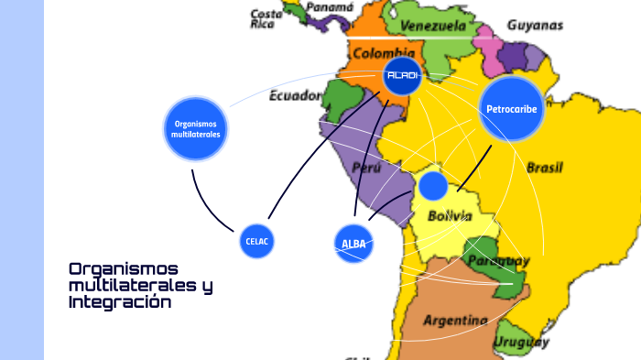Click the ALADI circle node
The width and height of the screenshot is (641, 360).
(x=402, y=76)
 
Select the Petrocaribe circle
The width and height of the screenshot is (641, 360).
(x=511, y=109)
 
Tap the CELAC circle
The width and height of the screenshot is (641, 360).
(x=257, y=241)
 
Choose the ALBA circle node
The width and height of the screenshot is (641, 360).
(x=353, y=244)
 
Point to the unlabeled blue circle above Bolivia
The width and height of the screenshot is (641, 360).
(x=432, y=185)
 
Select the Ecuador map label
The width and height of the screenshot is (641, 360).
(x=295, y=94)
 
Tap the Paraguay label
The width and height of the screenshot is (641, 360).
(x=498, y=261)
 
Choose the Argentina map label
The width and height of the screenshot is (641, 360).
(x=455, y=320)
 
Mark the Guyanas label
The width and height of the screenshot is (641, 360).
(x=535, y=26)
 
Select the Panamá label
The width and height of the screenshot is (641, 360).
(x=330, y=6)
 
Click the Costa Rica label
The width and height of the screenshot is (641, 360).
(x=266, y=19)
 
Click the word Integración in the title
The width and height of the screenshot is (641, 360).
(x=120, y=301)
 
